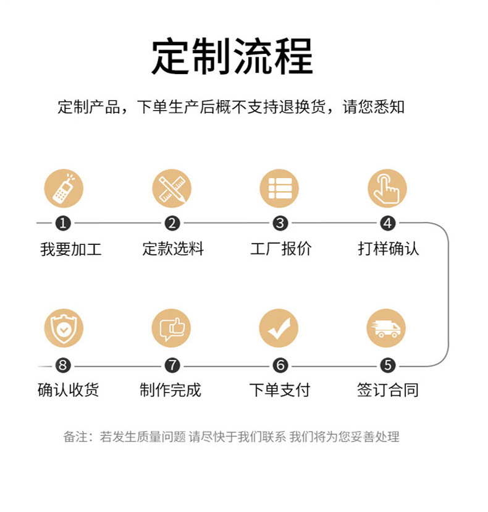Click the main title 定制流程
click(x=232, y=56)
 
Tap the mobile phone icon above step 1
click(x=64, y=189)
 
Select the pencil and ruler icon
click(x=172, y=189)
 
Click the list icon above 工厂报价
click(x=279, y=189)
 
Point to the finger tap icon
click(x=387, y=189)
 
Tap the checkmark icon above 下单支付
click(x=279, y=328)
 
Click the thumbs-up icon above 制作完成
click(x=171, y=328)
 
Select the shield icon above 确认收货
click(x=64, y=328)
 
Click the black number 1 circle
click(x=64, y=223)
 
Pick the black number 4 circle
click(x=387, y=223)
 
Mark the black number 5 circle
click(x=387, y=365)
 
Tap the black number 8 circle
click(x=64, y=365)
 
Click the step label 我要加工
click(x=71, y=249)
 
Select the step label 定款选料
click(x=173, y=249)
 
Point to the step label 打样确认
click(x=389, y=249)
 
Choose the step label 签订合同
click(x=388, y=390)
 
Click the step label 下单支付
click(x=279, y=390)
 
